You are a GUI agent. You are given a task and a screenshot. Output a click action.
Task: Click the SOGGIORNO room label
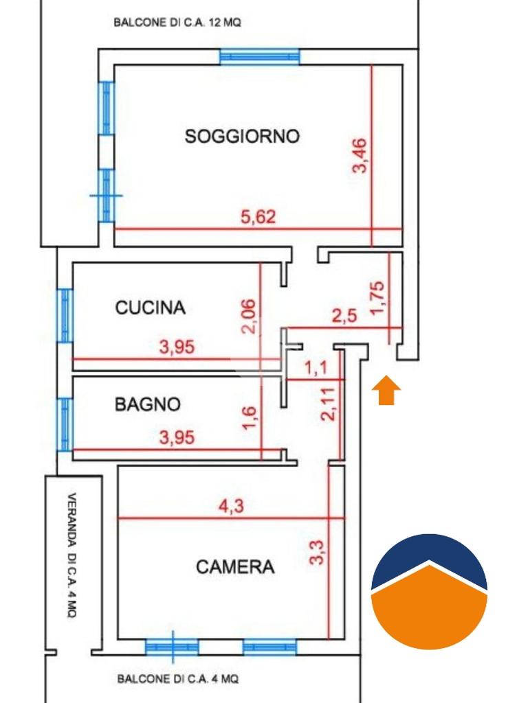(x=242, y=136)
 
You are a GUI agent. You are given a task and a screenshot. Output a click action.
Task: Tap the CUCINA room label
(x=151, y=308)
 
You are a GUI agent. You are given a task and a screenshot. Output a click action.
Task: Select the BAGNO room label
(x=148, y=404)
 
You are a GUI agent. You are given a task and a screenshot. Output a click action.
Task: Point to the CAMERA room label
(x=235, y=566)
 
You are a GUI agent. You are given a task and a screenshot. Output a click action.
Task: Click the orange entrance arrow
(x=386, y=391)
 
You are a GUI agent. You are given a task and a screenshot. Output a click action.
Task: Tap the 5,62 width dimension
(x=258, y=217)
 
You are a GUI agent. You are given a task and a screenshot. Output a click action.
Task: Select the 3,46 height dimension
(x=360, y=156)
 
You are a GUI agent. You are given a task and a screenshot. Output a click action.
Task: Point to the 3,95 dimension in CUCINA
(x=177, y=347)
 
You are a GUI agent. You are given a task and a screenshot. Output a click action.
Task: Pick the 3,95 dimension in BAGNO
(x=177, y=437)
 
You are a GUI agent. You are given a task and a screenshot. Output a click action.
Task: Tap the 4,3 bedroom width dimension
(x=231, y=506)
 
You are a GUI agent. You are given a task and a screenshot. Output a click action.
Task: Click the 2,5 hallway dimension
(x=344, y=316)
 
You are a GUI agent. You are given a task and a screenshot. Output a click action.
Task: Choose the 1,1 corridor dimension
(x=316, y=368)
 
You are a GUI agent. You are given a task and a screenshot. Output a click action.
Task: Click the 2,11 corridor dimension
(x=328, y=404)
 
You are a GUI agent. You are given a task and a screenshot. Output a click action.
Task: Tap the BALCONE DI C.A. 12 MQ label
(x=177, y=23)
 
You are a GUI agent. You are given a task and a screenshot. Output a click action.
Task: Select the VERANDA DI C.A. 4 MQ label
(x=71, y=555)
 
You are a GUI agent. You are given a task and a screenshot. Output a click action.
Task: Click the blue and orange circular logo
(x=429, y=592)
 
